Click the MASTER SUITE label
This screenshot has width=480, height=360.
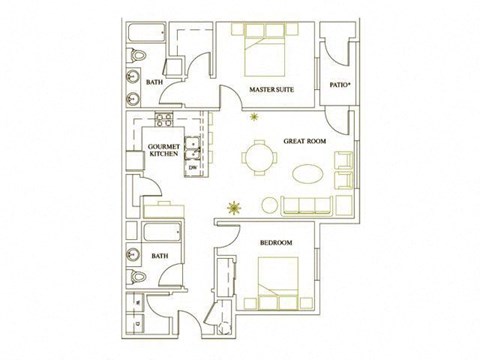269,90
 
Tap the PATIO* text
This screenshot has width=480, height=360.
338,84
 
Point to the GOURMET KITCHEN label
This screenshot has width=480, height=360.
163,150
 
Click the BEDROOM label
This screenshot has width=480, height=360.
276,244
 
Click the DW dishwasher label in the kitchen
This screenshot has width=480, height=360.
192,168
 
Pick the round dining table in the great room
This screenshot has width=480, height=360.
258,158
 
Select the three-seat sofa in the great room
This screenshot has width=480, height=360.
309,207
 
